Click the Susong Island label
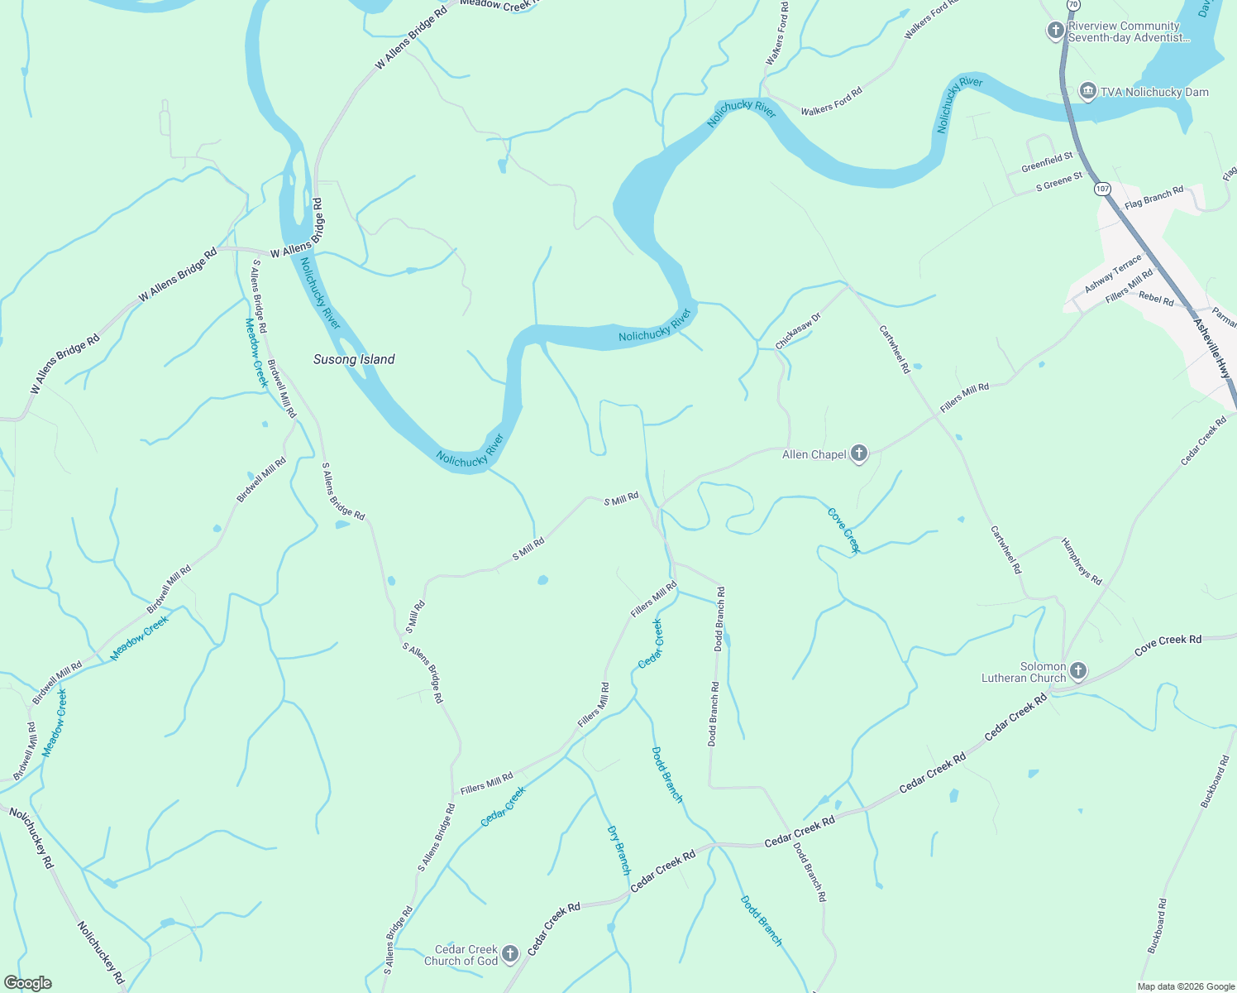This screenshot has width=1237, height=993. tap(354, 359)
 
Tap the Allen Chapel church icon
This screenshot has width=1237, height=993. tap(859, 453)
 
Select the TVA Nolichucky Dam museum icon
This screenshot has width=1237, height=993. tap(1088, 91)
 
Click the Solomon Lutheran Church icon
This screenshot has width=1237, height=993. tap(1077, 670)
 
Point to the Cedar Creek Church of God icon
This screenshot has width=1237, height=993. tap(510, 953)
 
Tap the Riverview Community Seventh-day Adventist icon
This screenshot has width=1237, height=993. tap(1055, 31)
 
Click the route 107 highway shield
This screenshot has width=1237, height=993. tap(1101, 189)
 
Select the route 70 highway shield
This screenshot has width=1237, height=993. tap(1072, 5)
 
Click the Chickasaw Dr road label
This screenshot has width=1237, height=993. tap(798, 330)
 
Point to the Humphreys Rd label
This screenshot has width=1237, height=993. tap(1082, 562)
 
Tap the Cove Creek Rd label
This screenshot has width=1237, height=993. tap(1168, 645)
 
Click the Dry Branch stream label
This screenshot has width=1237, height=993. tap(618, 850)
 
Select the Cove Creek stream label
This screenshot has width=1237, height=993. tap(844, 530)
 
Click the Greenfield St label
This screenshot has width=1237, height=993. tap(1047, 162)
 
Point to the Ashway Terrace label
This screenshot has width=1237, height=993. tap(1113, 273)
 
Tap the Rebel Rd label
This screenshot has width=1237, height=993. tap(1156, 299)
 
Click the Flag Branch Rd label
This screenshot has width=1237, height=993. tap(1153, 198)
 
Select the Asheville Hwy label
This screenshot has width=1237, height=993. tap(1213, 347)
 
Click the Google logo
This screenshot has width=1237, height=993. tap(27, 983)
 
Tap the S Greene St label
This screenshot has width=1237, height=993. tap(1059, 183)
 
